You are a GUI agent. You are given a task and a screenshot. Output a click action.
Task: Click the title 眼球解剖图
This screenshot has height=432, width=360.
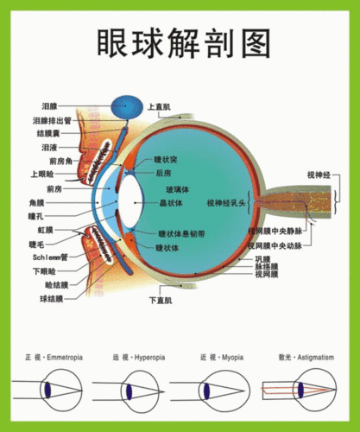pyautogui.click(x=180, y=41)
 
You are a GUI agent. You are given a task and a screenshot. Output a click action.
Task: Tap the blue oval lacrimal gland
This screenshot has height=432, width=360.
pyautogui.click(x=129, y=107)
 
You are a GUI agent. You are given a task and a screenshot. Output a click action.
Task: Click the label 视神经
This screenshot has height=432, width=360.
pyautogui.click(x=319, y=175)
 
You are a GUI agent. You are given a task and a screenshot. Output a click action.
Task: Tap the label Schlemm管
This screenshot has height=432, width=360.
pyautogui.click(x=50, y=257)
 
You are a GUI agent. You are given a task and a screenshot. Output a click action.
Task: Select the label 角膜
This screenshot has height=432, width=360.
pyautogui.click(x=36, y=203)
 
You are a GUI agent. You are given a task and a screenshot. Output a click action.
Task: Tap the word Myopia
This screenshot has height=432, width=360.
pyautogui.click(x=230, y=356)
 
